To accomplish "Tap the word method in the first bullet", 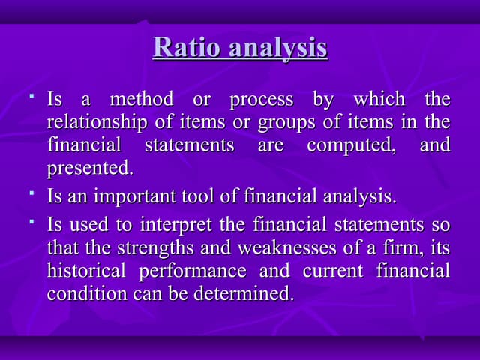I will (142, 100).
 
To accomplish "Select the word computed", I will (352, 145).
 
